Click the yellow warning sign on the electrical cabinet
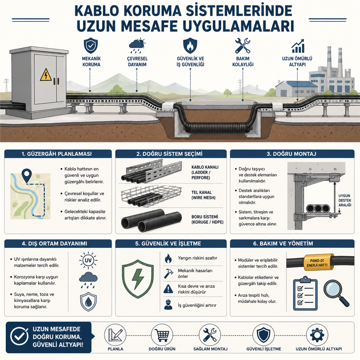tap(46, 75)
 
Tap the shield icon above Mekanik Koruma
tap(91, 46)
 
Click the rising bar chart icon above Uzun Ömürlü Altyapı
tap(298, 46)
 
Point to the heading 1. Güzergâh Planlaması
tap(58, 154)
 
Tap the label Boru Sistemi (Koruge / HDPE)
tap(207, 220)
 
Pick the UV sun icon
tap(88, 261)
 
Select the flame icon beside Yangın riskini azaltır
tap(168, 259)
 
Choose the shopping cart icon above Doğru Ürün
tap(162, 335)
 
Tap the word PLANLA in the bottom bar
tap(116, 349)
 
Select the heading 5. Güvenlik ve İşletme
tap(171, 244)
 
